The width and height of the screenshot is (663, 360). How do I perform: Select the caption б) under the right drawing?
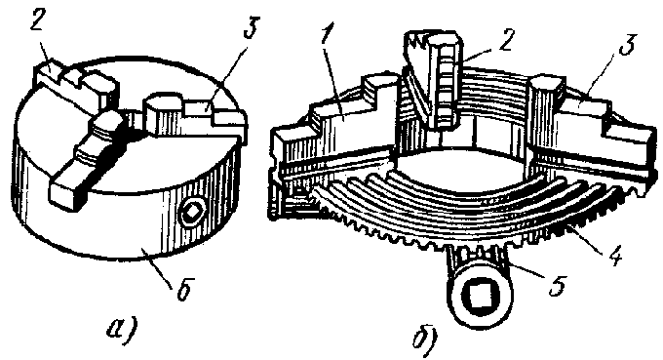tap(426, 339)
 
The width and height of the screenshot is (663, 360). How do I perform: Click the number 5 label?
tap(557, 284)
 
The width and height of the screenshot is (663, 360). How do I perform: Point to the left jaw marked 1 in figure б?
tap(334, 127)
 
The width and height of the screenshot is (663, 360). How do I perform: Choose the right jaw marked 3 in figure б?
tap(592, 127)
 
